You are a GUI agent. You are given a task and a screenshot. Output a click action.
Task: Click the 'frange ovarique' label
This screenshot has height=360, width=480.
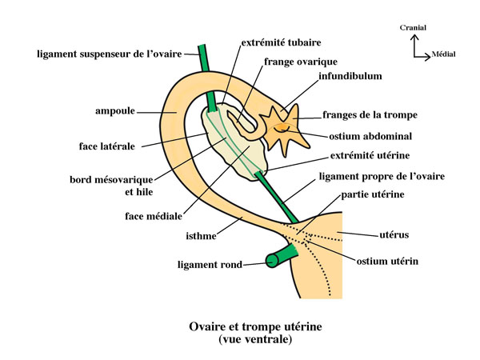(x=300, y=61)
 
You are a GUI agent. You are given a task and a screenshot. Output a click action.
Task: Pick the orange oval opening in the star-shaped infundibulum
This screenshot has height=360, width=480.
(x=282, y=127)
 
